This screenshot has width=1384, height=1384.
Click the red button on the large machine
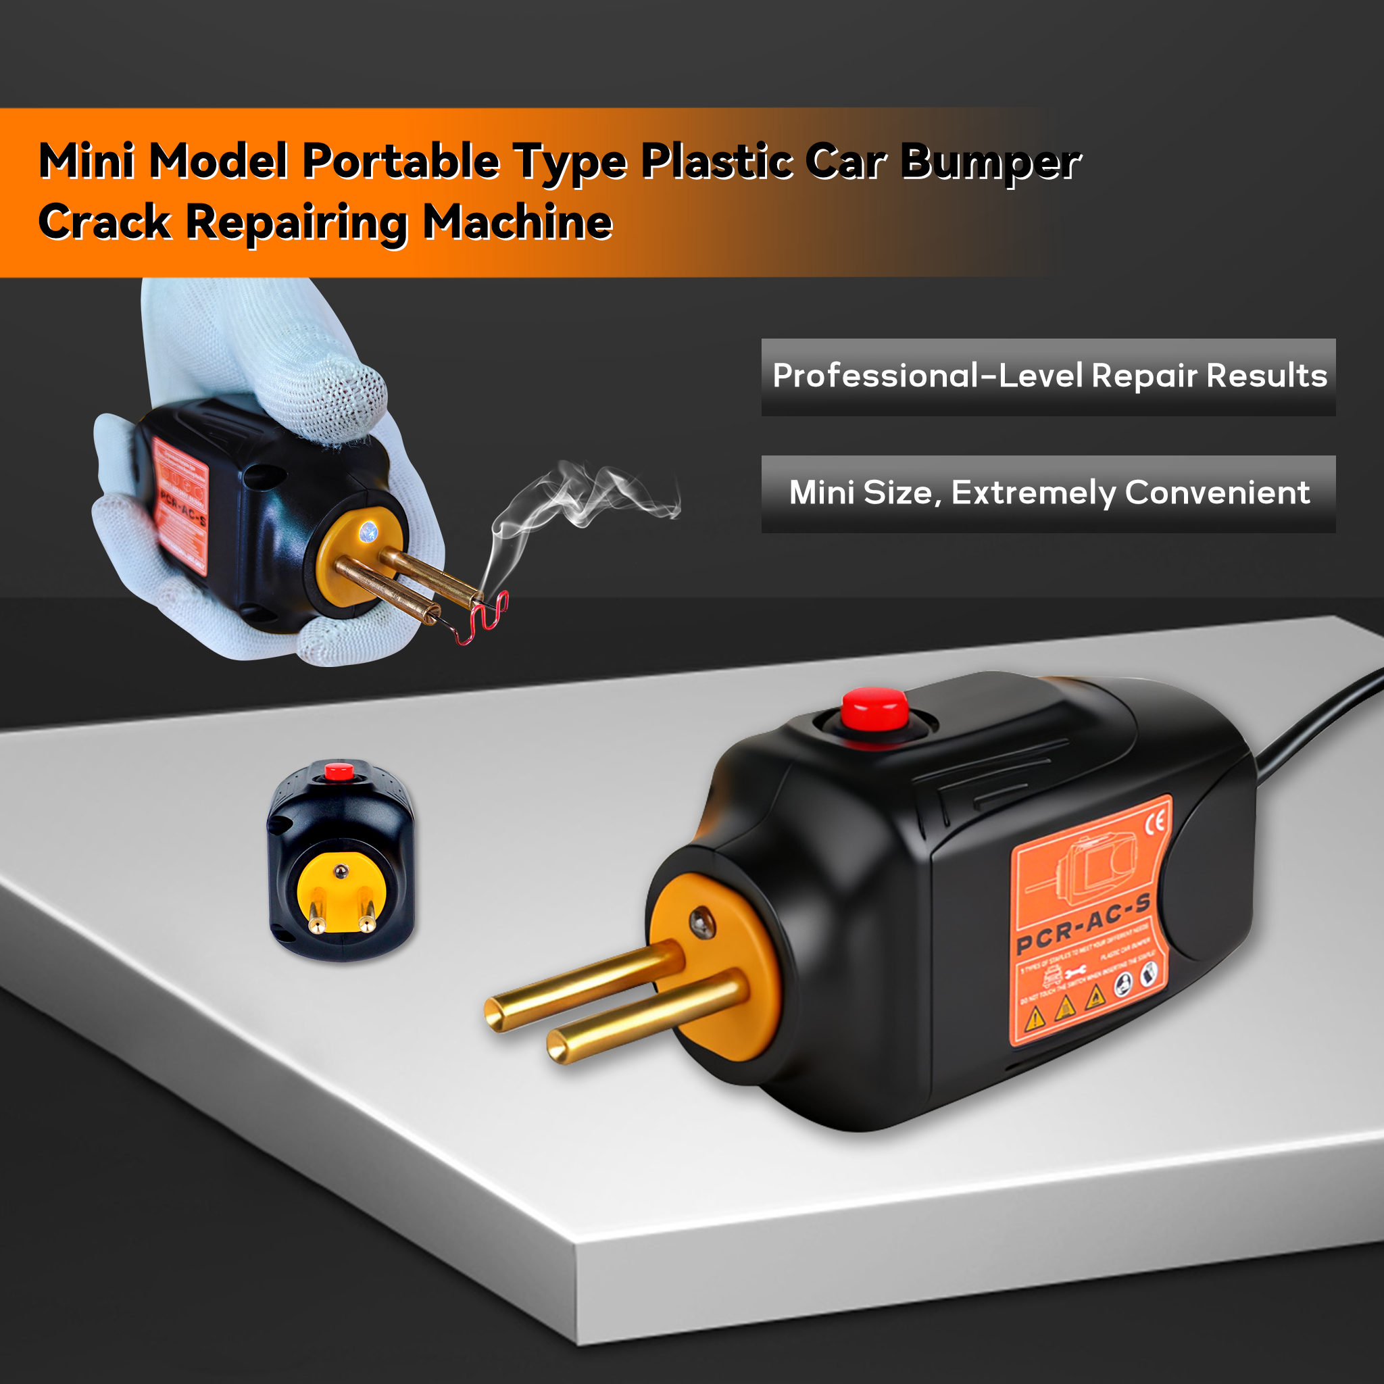click(x=874, y=708)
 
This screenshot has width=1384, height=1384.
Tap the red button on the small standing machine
click(x=339, y=772)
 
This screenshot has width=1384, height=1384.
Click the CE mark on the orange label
click(x=1155, y=824)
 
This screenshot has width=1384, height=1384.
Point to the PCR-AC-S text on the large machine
click(x=1083, y=923)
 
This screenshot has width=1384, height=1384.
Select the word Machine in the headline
click(x=517, y=222)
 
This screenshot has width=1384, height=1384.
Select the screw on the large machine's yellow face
click(x=701, y=923)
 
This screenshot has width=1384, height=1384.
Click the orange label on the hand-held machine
click(x=180, y=505)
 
